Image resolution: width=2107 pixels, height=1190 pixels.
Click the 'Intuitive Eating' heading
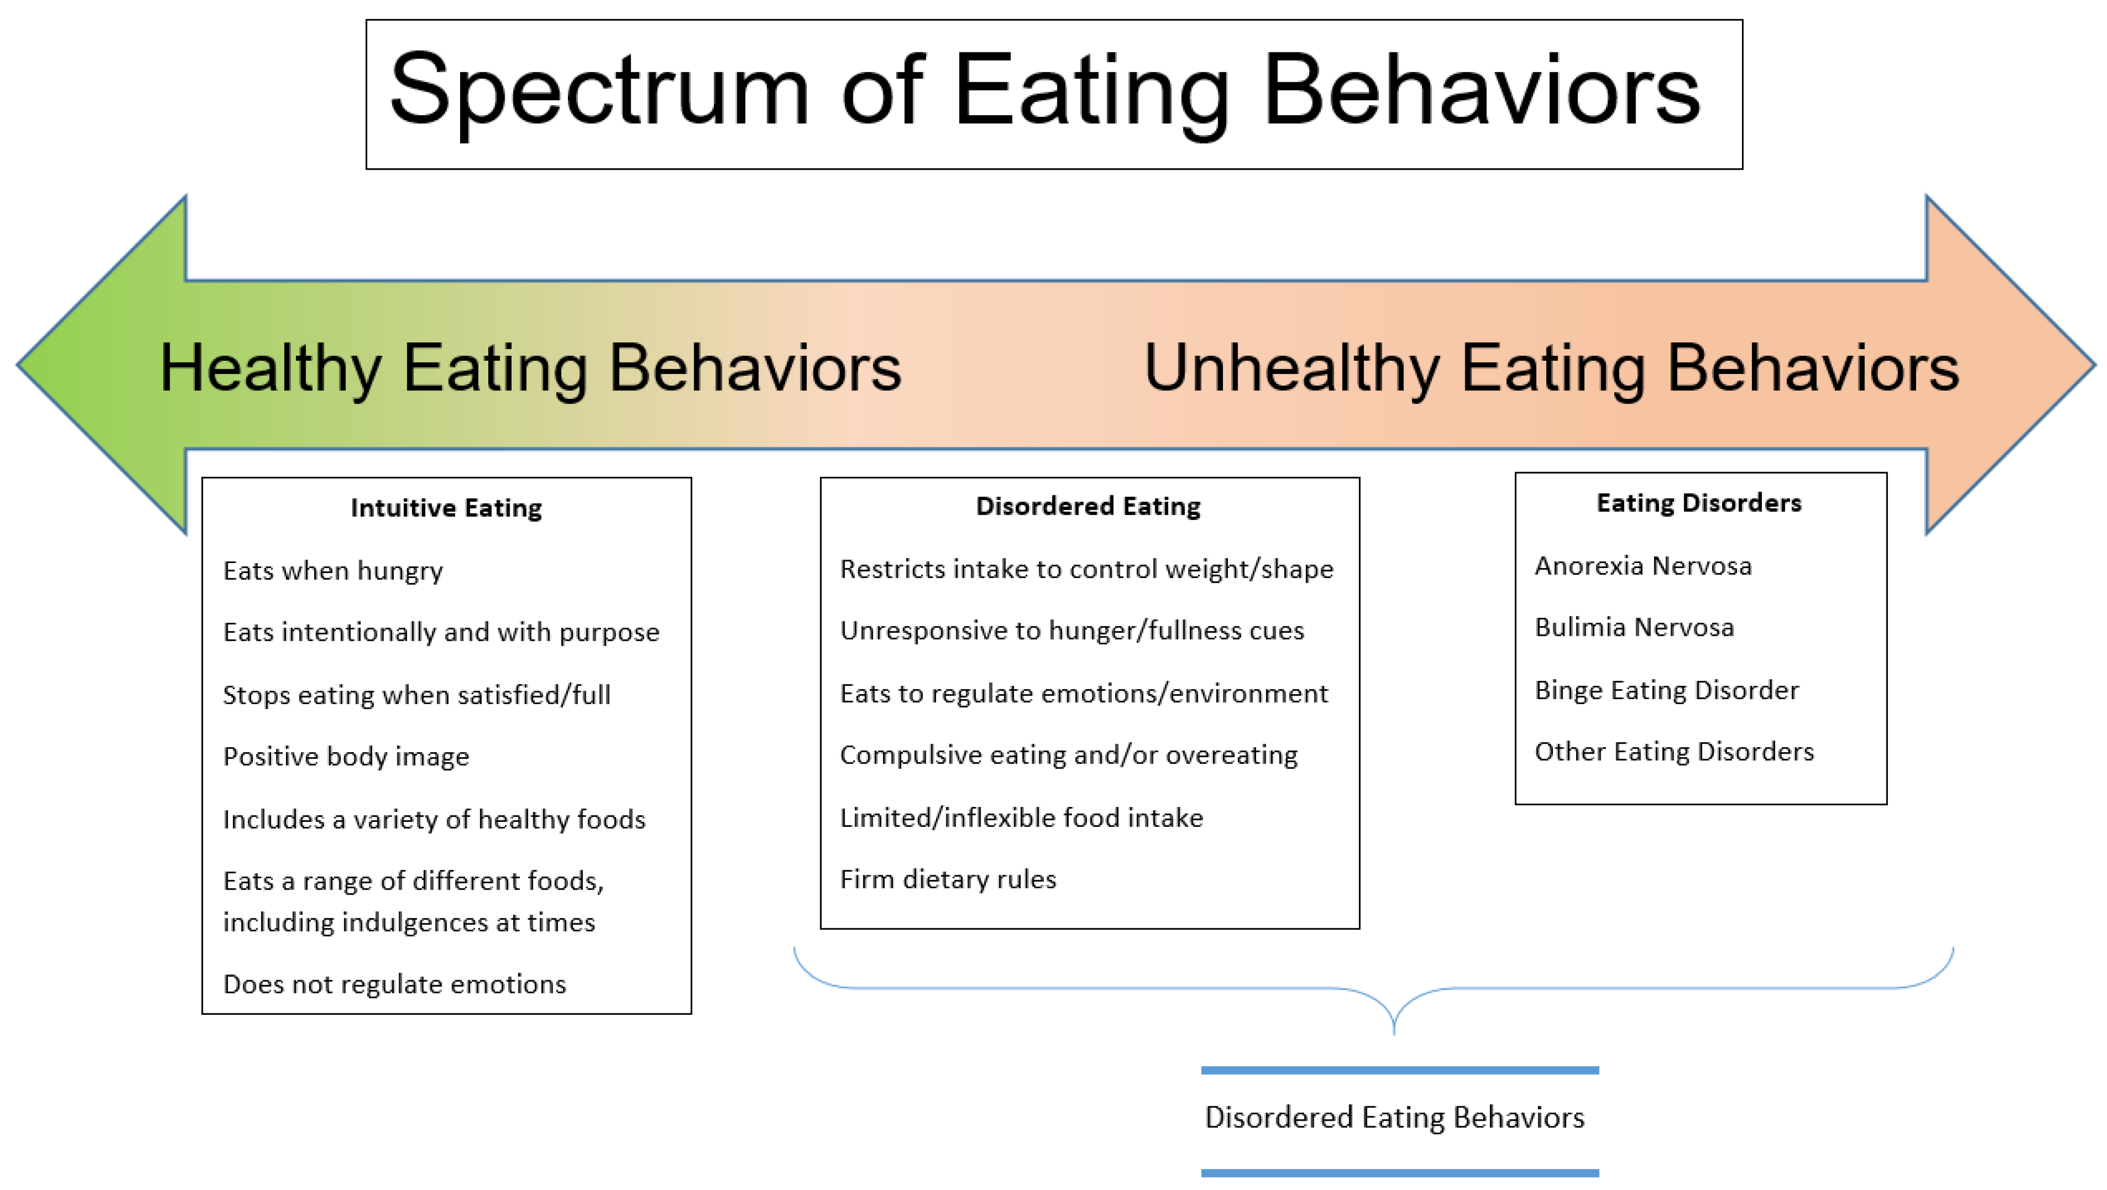click(446, 508)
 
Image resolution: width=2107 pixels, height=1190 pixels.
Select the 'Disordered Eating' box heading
click(1088, 506)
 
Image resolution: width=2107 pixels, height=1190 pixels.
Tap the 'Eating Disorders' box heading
click(1699, 503)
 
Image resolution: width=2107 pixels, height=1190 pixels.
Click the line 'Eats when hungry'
click(333, 571)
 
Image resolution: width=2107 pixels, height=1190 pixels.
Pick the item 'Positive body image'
click(346, 757)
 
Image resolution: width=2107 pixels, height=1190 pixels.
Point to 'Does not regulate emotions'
click(394, 984)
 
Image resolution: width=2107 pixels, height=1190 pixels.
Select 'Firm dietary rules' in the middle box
click(948, 879)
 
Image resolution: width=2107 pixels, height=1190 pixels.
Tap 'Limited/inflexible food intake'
click(1022, 818)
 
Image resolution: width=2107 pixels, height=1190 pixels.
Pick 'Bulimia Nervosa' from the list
click(1634, 627)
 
